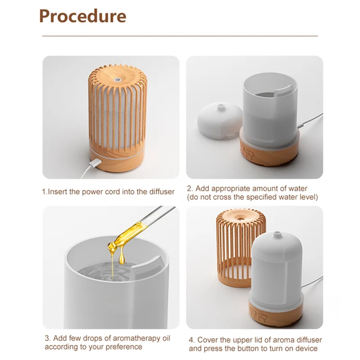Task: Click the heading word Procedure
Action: click(82, 16)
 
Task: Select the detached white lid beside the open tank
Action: click(218, 121)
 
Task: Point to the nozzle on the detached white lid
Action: click(220, 107)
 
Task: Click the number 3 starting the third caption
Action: click(47, 338)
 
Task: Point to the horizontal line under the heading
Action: click(180, 36)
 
